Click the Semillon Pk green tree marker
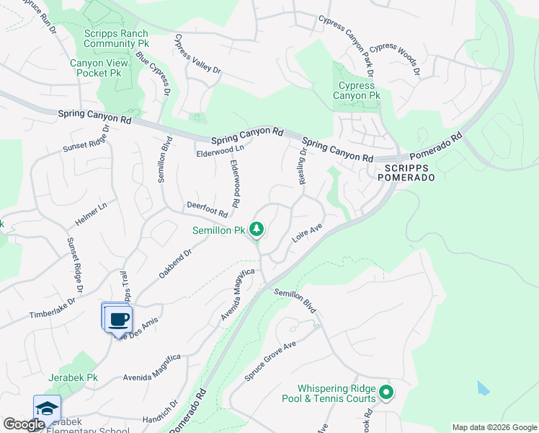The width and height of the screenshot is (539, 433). [257, 230]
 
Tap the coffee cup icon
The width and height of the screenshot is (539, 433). [119, 319]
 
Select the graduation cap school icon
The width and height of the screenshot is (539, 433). [47, 408]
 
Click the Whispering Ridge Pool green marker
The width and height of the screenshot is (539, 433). [386, 393]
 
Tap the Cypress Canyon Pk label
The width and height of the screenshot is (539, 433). [355, 90]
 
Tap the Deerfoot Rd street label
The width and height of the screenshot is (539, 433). [208, 209]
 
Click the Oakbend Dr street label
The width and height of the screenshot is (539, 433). [175, 265]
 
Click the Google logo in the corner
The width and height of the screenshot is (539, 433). [23, 424]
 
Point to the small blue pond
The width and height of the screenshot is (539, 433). [482, 388]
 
